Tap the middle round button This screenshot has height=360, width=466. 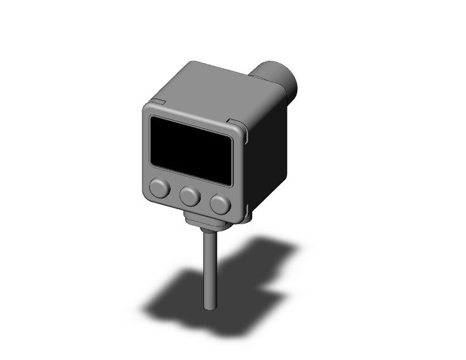pos(189,196)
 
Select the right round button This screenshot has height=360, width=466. pos(219,204)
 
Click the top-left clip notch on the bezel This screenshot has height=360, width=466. pos(157,101)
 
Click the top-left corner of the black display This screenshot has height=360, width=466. pos(151,117)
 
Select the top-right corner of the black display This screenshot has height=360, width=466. pos(232,138)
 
